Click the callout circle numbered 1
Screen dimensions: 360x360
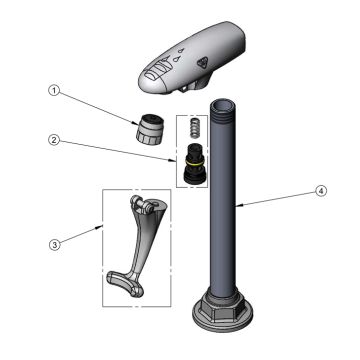tap(54, 91)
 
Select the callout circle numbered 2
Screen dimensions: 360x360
tap(54, 140)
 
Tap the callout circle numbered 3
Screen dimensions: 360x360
tap(54, 245)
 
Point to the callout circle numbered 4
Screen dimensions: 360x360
tap(321, 191)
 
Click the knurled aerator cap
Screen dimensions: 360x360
tap(149, 129)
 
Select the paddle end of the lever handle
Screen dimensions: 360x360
tap(125, 283)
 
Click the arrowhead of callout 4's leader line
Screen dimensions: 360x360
tap(238, 206)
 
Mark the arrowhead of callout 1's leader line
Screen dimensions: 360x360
tap(135, 123)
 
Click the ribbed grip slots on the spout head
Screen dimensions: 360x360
tap(158, 72)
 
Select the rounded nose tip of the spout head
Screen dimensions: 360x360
tap(147, 83)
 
